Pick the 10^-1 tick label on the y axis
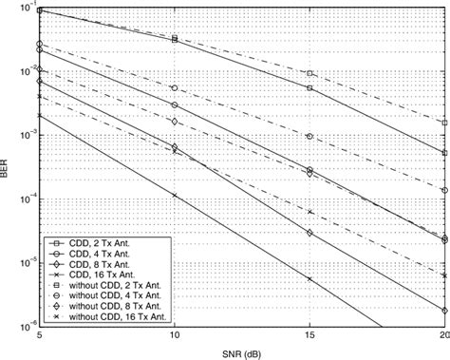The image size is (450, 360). tap(24, 9)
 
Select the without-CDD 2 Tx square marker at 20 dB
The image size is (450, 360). tap(444, 123)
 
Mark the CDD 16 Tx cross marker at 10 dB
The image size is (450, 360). tap(174, 195)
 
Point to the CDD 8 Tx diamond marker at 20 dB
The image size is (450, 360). tap(444, 311)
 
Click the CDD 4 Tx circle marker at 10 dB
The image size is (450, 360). tap(174, 104)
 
